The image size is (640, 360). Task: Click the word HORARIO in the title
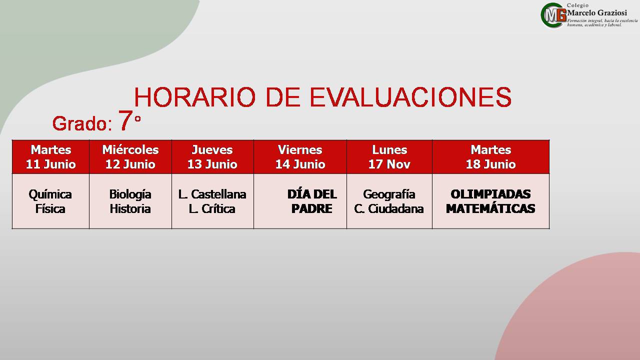coord(194,97)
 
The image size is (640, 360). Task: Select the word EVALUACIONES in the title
coord(410,97)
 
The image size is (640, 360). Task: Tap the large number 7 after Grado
coord(125,120)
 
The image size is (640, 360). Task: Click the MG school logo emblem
coord(553,15)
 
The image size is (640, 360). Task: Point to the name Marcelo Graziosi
coord(597,13)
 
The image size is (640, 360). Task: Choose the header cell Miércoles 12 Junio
coord(130,157)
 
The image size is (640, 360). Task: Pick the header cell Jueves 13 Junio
coord(212,157)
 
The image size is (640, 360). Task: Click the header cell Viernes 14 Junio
coord(300,157)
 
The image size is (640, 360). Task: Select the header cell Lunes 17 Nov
coord(389,157)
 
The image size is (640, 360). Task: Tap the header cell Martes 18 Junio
coord(490,157)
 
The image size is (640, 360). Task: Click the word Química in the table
coord(50,195)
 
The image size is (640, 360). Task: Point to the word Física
coord(50,208)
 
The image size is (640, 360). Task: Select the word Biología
coord(130,195)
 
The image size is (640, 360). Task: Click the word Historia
coord(130,208)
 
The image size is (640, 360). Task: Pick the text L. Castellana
coord(212,194)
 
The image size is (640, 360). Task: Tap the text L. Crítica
coord(212,208)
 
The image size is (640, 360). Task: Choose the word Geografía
coord(389,195)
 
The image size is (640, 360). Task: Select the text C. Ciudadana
coord(388,208)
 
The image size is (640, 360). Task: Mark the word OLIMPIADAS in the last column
coord(490,194)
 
